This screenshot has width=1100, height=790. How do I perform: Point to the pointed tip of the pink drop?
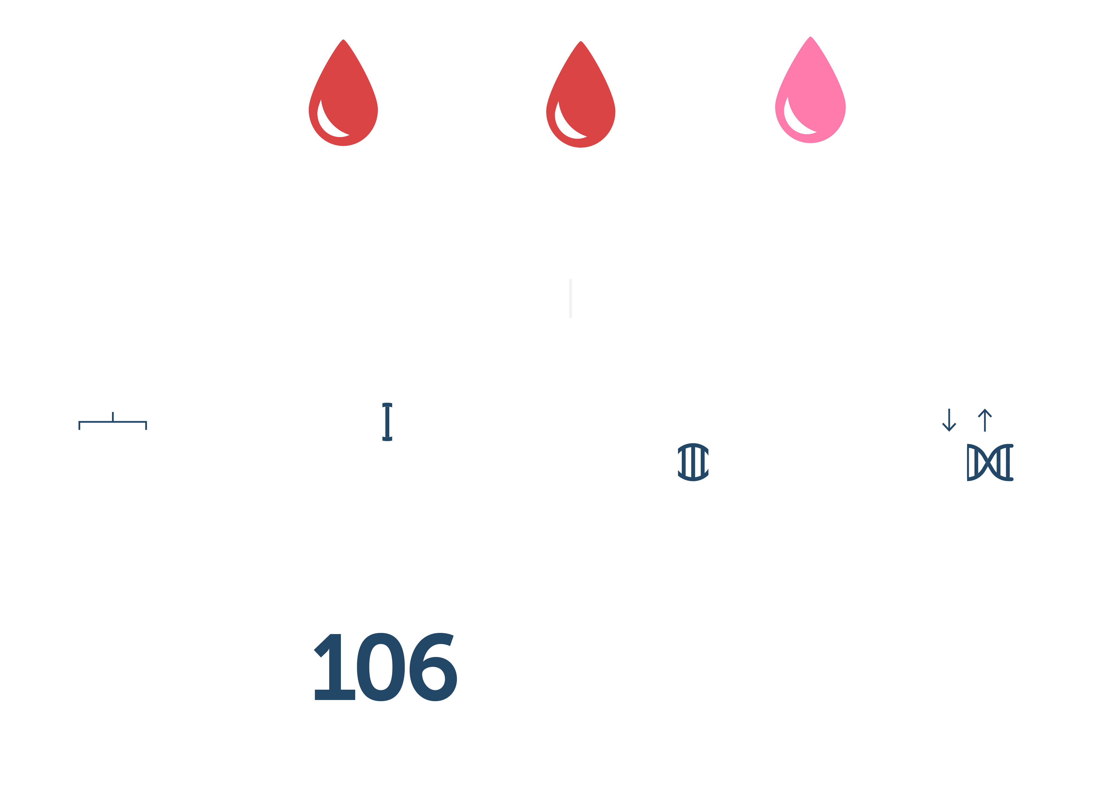pos(810,38)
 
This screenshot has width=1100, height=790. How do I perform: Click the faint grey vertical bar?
pos(570,298)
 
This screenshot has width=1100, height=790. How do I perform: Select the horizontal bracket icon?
pos(113,422)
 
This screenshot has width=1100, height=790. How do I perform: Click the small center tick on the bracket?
pos(113,416)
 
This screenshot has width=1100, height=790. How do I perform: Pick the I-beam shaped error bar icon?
pos(387,422)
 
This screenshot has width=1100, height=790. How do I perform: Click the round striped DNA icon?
pos(693,462)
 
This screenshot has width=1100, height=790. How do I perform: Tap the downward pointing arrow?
pos(949,420)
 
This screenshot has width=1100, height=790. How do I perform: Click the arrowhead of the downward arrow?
pos(949,428)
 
